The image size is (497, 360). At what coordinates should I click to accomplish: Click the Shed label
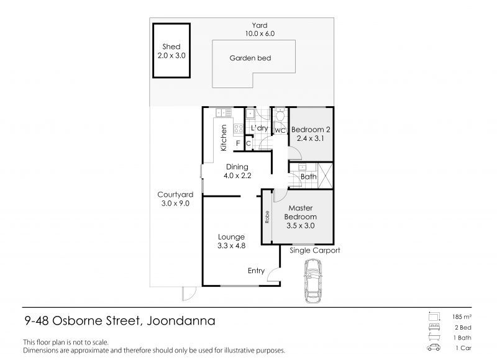click(171, 47)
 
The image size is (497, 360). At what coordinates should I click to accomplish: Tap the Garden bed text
click(250, 58)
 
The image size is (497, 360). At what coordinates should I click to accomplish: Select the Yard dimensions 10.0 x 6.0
click(260, 34)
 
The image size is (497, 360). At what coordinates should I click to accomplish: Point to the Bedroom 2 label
click(311, 130)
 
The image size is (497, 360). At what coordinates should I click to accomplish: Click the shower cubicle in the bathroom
click(325, 176)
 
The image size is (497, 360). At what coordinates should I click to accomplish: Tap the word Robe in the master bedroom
click(267, 217)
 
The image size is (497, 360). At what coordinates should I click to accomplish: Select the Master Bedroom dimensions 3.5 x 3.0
click(301, 225)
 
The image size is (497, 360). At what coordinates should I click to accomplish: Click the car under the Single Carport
click(313, 281)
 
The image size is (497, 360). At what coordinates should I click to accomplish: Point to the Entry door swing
click(273, 275)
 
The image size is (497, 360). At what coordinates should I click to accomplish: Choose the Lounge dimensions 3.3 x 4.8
click(231, 245)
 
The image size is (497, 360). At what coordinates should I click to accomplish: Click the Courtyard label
click(175, 194)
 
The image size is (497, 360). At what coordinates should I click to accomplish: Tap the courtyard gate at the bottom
click(189, 294)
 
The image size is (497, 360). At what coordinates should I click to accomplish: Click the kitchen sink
click(224, 112)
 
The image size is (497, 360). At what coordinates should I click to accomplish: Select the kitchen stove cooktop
click(239, 128)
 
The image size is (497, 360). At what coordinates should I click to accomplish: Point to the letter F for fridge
click(238, 143)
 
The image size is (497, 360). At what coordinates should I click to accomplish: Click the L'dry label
click(259, 128)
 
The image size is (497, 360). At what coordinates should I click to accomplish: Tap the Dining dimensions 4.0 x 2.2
click(237, 176)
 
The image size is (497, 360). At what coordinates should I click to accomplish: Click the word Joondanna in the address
click(181, 321)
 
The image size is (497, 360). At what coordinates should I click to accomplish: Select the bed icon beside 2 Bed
click(434, 327)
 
